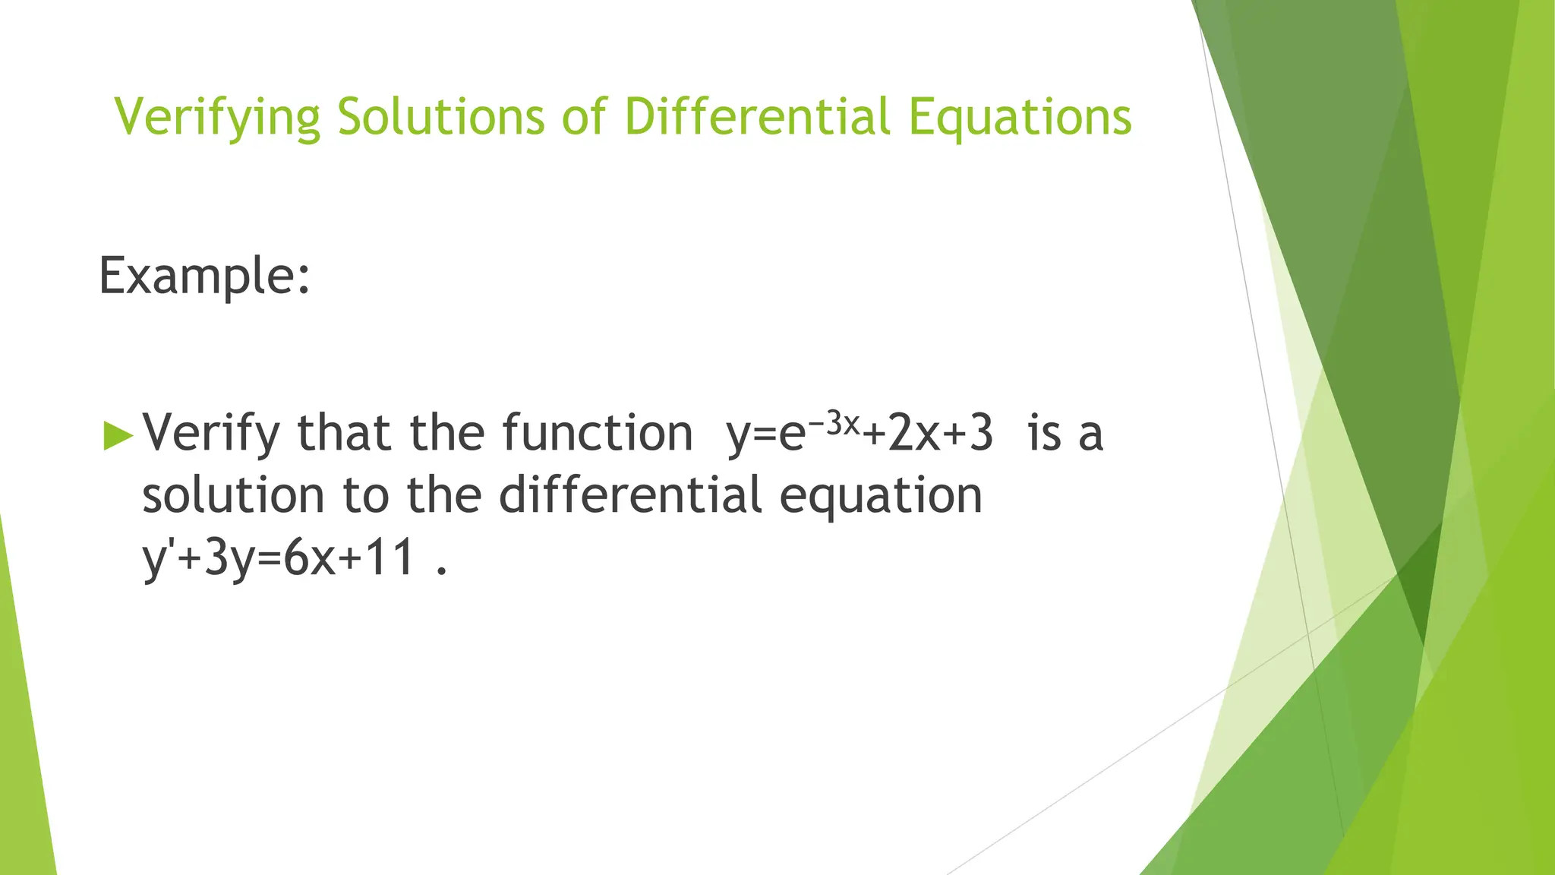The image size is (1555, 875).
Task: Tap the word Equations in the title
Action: pos(1020,118)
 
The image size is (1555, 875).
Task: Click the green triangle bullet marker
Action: pos(118,435)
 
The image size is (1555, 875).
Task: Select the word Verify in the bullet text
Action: pos(212,434)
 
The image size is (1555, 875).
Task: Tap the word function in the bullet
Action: pos(597,432)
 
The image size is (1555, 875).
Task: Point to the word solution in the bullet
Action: pos(234,494)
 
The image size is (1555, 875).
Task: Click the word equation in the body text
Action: pos(881,496)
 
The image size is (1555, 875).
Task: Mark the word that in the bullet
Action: pos(344,432)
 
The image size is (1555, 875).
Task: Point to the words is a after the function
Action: pos(1065,434)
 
